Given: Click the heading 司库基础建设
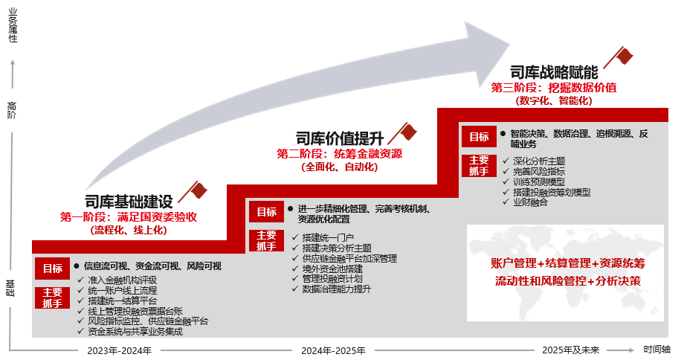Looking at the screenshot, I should [x=129, y=202].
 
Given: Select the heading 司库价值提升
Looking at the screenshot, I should [x=340, y=138].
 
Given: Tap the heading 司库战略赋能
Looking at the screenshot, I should [x=554, y=72].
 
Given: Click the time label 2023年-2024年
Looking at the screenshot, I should [x=119, y=350].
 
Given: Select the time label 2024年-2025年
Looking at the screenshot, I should [x=334, y=350].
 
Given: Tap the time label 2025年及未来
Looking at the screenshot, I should [x=570, y=350].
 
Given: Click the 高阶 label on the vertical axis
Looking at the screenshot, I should [x=11, y=110].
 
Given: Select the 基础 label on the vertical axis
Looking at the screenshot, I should [x=11, y=287].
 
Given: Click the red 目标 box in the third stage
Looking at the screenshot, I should [x=479, y=137].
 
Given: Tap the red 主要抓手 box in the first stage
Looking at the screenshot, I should [x=52, y=298].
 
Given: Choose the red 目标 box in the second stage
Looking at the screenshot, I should [x=266, y=212].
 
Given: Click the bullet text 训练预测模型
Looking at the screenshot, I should [x=538, y=181].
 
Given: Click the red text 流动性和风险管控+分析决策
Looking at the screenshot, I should [x=568, y=281].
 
